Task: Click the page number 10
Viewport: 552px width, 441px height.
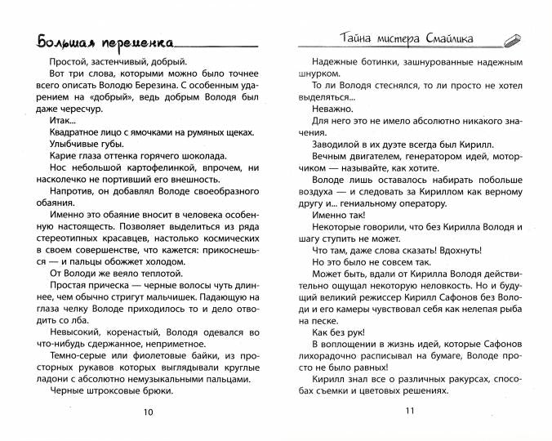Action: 147,411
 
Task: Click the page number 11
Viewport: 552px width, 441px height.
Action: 410,411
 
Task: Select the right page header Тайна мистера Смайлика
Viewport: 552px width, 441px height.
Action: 406,38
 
